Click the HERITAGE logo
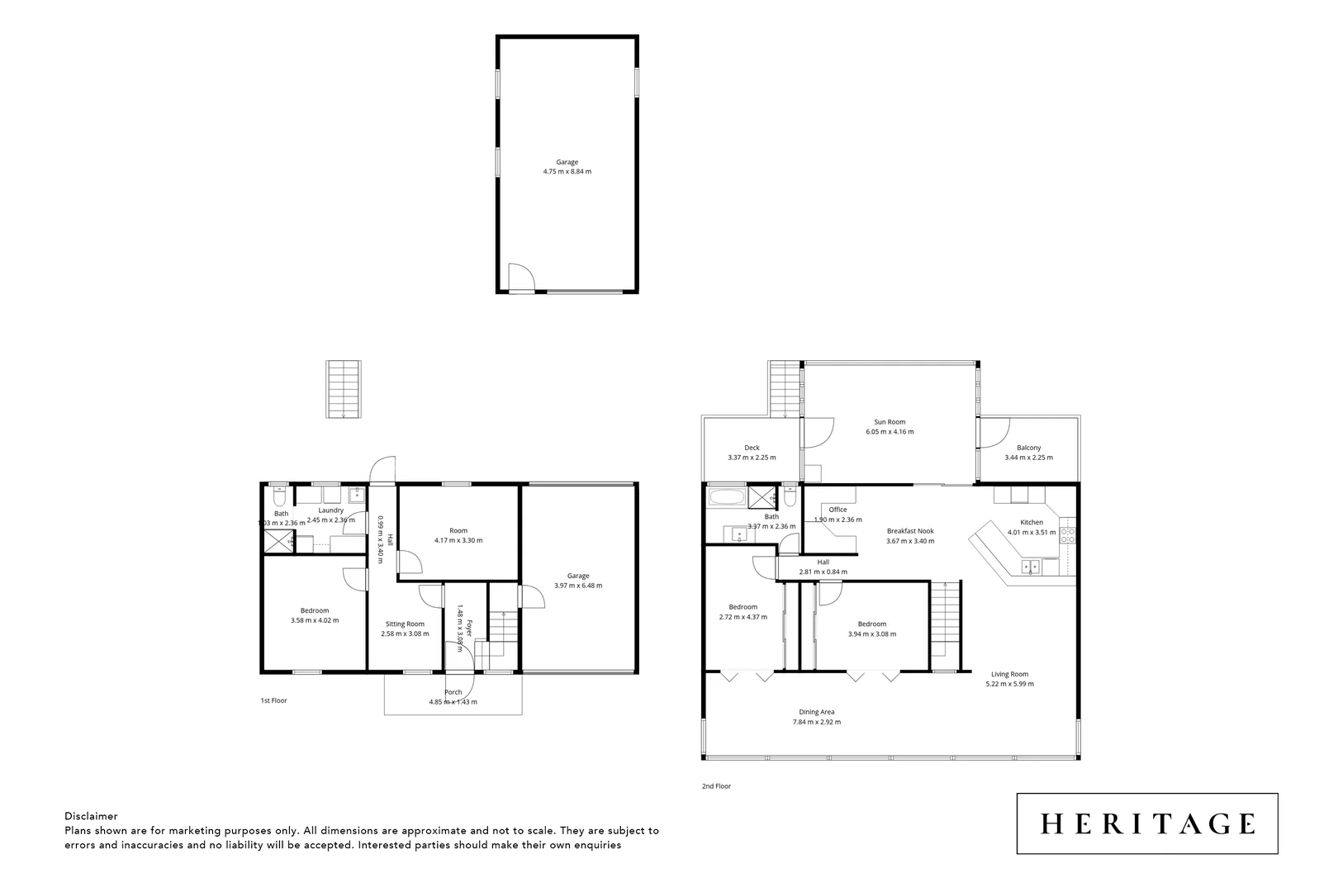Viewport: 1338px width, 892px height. click(1147, 823)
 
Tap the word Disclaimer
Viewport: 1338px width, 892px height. click(91, 816)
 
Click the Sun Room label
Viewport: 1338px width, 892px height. click(890, 422)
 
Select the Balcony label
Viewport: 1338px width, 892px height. click(1028, 448)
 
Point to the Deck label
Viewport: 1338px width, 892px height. click(752, 448)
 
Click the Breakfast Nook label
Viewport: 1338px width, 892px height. click(910, 531)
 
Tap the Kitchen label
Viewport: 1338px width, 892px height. click(1032, 522)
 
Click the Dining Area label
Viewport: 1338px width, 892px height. click(816, 712)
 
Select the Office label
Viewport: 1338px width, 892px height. click(838, 510)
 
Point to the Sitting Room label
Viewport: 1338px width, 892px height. click(405, 624)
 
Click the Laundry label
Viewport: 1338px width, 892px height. click(330, 510)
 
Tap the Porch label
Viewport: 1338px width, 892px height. click(453, 692)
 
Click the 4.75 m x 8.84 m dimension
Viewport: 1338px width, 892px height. click(567, 172)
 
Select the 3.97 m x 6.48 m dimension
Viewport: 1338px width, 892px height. click(578, 586)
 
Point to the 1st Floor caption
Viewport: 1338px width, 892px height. click(273, 700)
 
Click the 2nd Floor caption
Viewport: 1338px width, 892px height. click(716, 786)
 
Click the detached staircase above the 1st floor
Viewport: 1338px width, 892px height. click(344, 389)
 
